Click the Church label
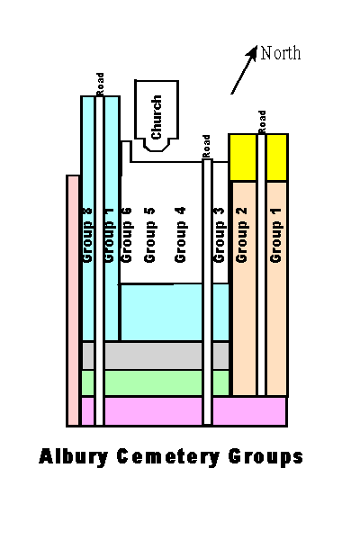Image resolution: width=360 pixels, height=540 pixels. click(x=157, y=117)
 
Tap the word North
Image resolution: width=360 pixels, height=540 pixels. click(x=281, y=53)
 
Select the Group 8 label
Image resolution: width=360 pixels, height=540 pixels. click(x=88, y=236)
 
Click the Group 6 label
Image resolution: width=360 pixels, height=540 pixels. click(x=126, y=235)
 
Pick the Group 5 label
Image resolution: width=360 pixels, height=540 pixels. click(x=149, y=235)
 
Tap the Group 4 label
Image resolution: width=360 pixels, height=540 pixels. click(x=180, y=235)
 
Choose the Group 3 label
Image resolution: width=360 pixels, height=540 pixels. click(x=219, y=235)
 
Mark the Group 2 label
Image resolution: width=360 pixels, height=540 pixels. click(x=241, y=235)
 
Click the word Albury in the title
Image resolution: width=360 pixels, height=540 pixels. click(x=73, y=457)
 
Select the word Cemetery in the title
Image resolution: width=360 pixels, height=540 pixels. click(x=168, y=457)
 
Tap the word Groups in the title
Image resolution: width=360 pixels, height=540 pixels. click(x=265, y=457)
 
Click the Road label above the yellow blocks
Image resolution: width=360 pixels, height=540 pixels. click(x=262, y=121)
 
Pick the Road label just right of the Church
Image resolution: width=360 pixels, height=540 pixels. click(x=206, y=147)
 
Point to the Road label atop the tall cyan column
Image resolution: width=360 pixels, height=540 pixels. click(x=100, y=85)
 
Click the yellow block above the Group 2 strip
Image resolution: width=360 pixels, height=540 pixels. click(x=243, y=157)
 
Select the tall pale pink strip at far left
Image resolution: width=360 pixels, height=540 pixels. click(x=73, y=301)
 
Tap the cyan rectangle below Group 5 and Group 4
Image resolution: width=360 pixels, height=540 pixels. click(x=161, y=312)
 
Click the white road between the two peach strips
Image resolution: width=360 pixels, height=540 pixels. click(x=262, y=265)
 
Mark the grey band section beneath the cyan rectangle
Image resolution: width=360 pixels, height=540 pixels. click(x=153, y=355)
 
